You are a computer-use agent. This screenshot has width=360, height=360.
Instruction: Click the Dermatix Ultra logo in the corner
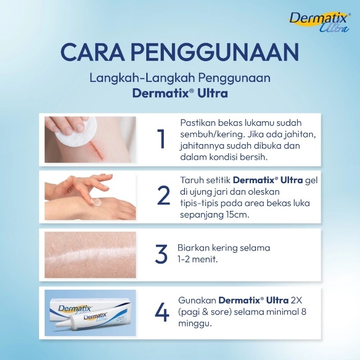(x=319, y=22)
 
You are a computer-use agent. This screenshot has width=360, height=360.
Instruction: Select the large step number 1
(x=161, y=139)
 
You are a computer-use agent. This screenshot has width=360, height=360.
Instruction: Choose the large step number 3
(x=161, y=254)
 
